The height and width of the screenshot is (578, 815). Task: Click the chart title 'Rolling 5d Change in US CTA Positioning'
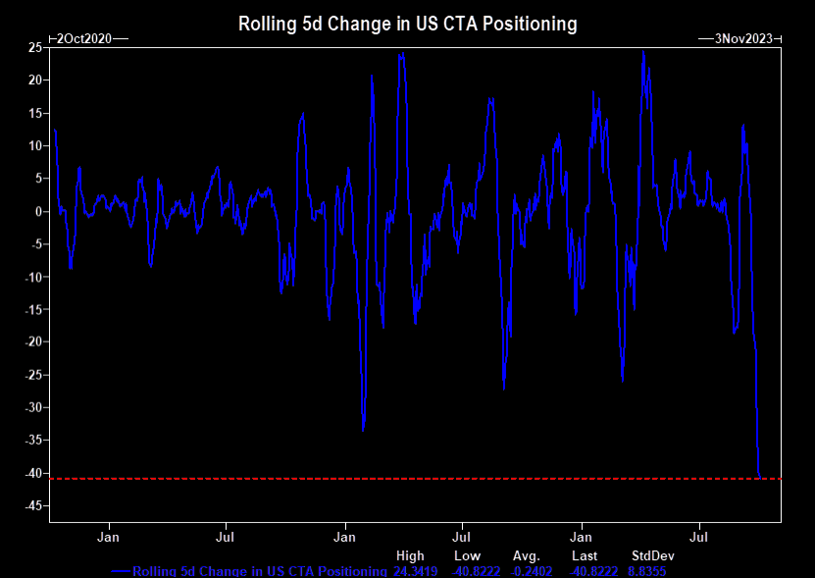click(407, 23)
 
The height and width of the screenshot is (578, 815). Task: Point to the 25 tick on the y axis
click(33, 47)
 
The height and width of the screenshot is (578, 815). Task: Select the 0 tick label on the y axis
click(36, 211)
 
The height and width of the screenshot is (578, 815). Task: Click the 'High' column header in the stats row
click(410, 556)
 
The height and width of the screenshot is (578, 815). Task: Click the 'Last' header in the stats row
click(585, 556)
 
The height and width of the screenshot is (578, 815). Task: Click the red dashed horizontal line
click(392, 479)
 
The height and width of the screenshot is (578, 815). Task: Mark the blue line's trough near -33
click(363, 429)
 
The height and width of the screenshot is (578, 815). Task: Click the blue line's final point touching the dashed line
click(760, 477)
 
